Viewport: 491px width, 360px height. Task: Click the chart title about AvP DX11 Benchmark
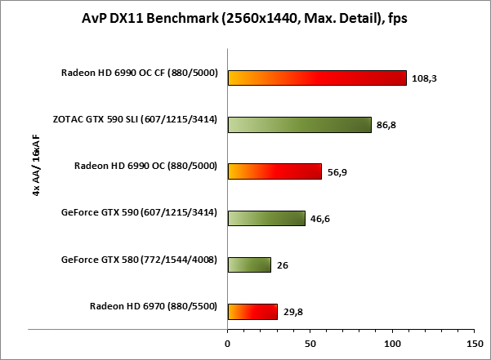245,19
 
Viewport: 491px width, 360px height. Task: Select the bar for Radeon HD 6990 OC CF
317,78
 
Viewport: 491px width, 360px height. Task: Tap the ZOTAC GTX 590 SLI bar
300,124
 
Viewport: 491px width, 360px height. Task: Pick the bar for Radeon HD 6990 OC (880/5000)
275,171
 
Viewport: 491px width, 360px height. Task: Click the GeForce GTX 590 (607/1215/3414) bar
266,218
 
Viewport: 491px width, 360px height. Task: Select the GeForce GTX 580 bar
249,264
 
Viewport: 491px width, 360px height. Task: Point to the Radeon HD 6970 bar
252,311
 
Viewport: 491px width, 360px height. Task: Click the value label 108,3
424,79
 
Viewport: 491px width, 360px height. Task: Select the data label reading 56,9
338,172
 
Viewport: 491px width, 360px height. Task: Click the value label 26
283,265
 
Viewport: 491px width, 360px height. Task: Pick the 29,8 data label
294,312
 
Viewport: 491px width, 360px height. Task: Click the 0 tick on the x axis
228,344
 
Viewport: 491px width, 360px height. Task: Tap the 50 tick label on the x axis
310,344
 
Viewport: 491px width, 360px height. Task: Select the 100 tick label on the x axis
393,344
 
